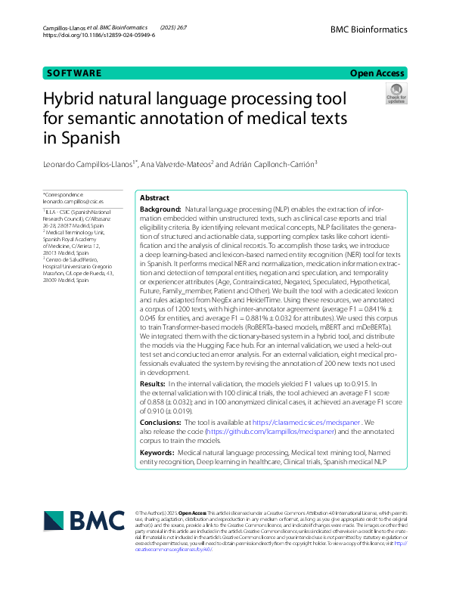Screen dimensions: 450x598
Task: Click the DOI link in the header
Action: click(x=99, y=36)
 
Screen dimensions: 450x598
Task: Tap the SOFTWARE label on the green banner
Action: click(x=73, y=73)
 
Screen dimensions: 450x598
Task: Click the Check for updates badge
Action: click(x=396, y=95)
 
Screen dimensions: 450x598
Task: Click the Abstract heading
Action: click(x=155, y=197)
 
